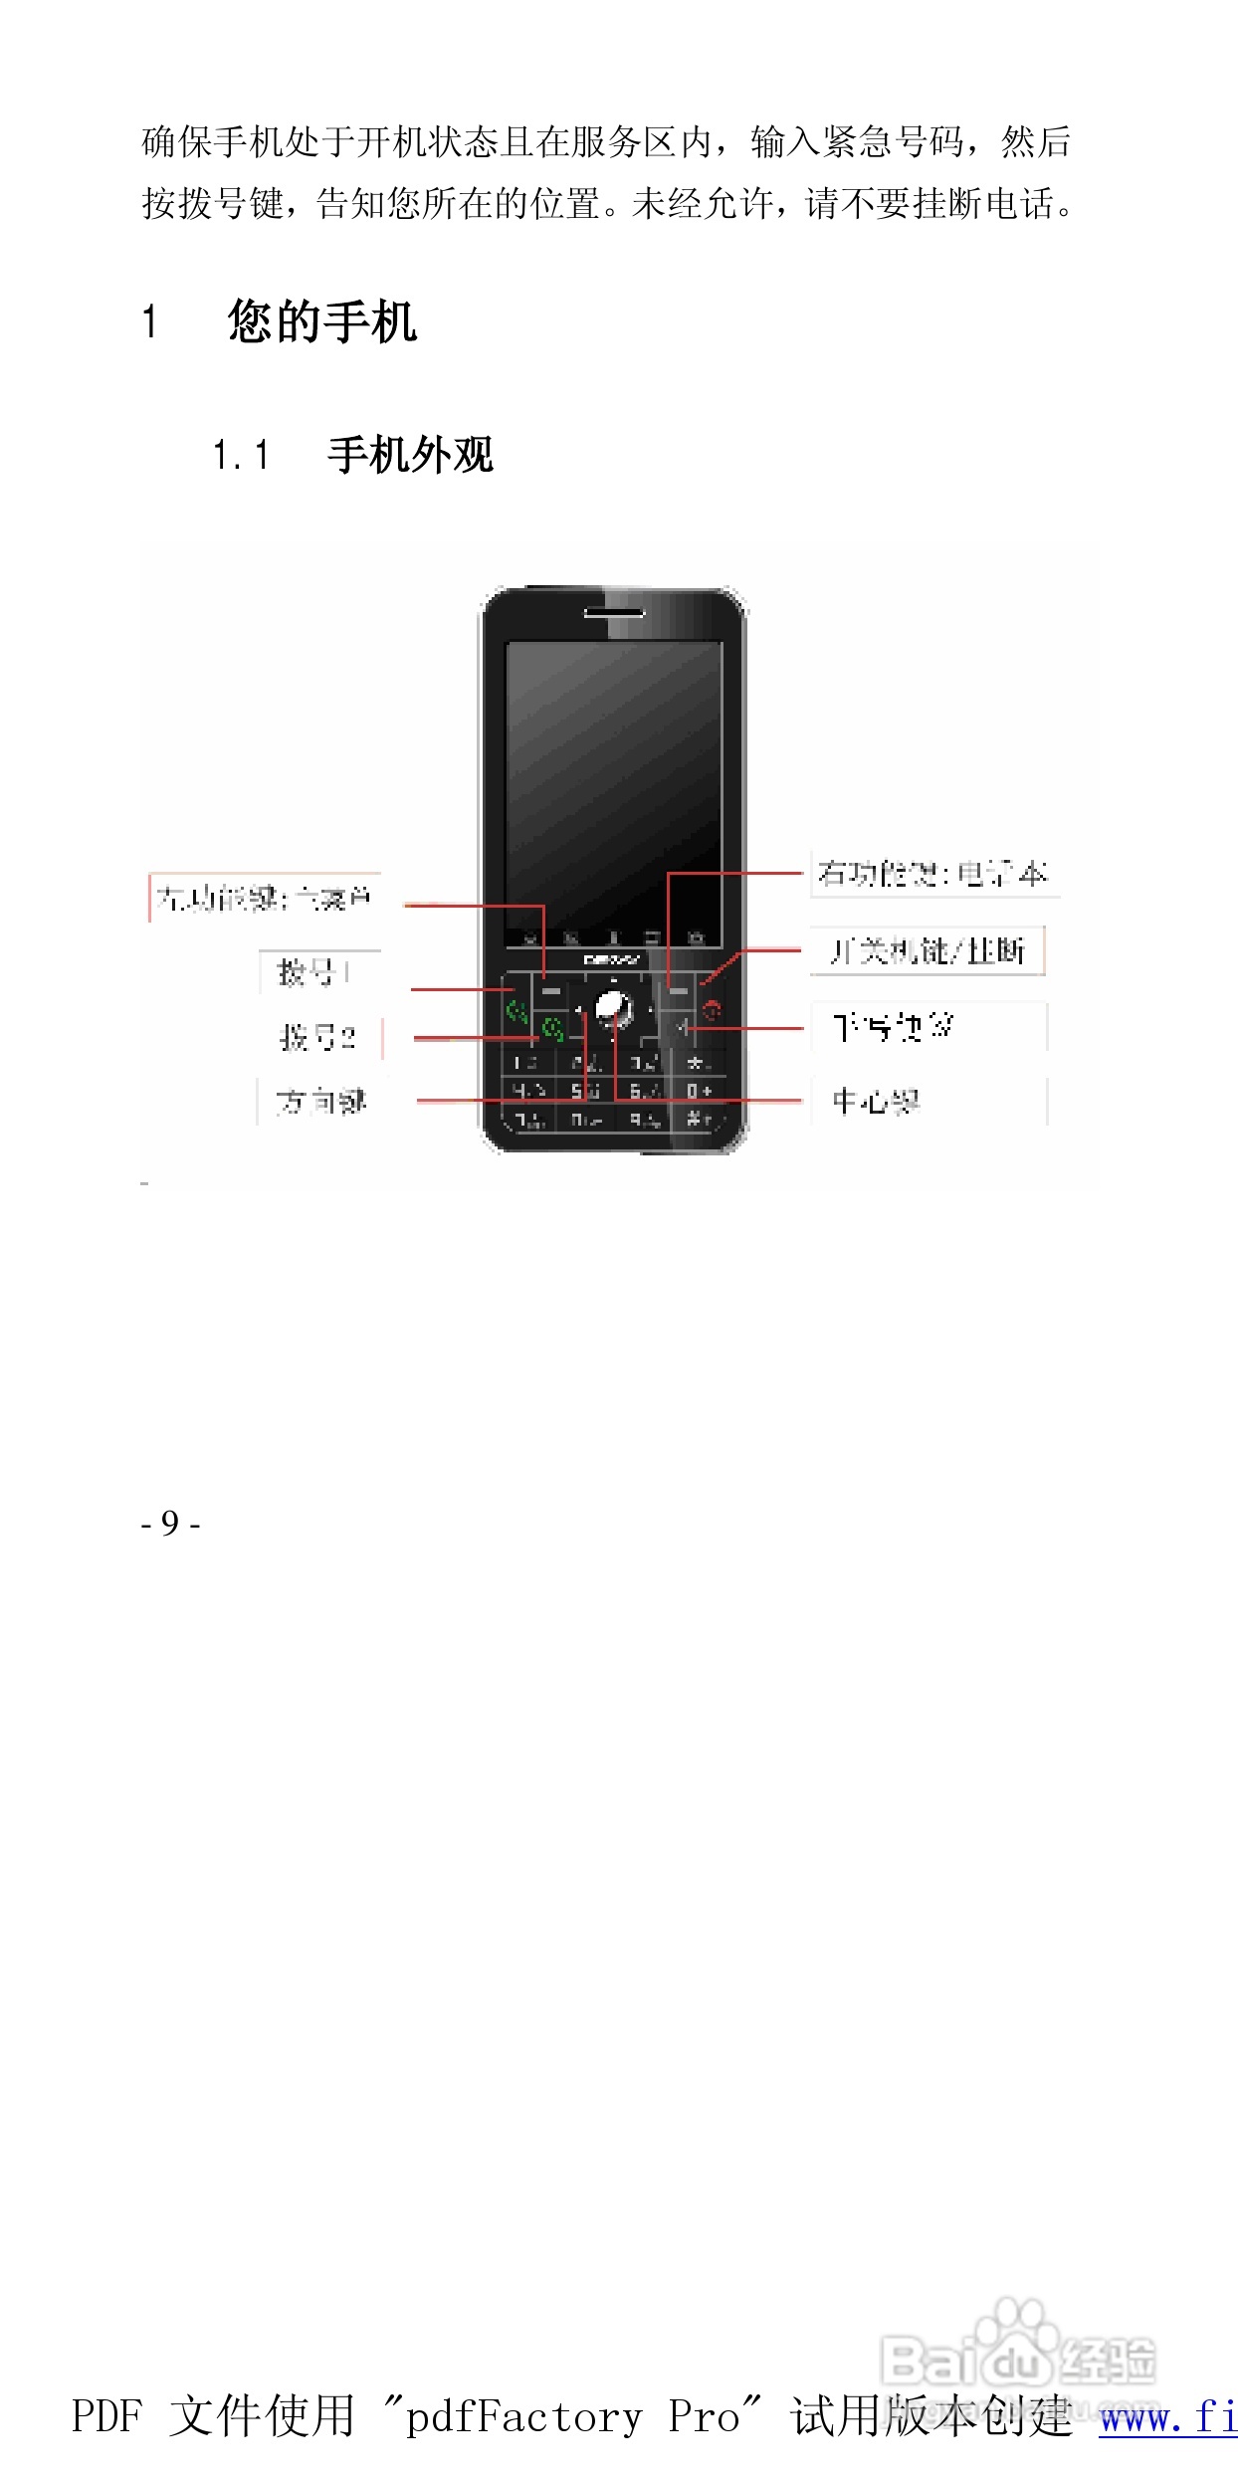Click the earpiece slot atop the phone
pyautogui.click(x=613, y=612)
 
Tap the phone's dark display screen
pyautogui.click(x=613, y=786)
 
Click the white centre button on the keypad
pyautogui.click(x=612, y=1008)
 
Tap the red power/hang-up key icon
pyautogui.click(x=712, y=1011)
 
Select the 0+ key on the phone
pyautogui.click(x=699, y=1092)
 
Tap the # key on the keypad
pyautogui.click(x=699, y=1120)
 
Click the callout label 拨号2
pyautogui.click(x=317, y=1037)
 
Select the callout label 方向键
pyautogui.click(x=320, y=1102)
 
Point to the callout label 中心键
pyautogui.click(x=876, y=1102)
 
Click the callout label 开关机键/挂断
pyautogui.click(x=927, y=951)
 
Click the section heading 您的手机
pyautogui.click(x=321, y=321)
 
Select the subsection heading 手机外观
pyautogui.click(x=410, y=455)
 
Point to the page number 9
pyautogui.click(x=170, y=1524)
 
